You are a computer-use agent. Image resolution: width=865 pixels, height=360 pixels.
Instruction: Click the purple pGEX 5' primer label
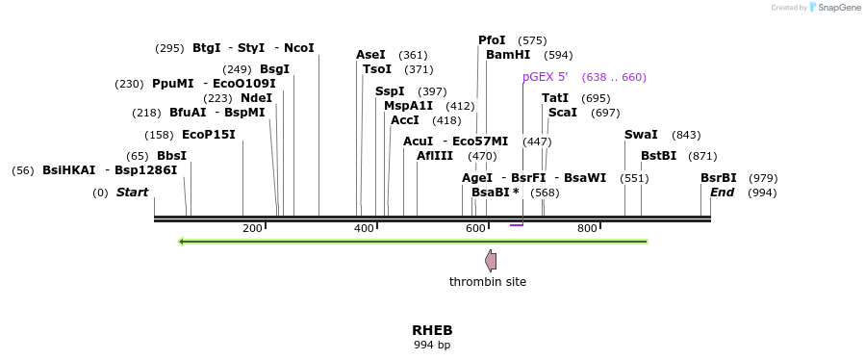click(545, 77)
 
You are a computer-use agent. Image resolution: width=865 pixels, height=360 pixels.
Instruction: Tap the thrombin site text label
click(488, 282)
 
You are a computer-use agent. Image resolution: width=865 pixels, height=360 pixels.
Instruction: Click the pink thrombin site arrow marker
click(491, 260)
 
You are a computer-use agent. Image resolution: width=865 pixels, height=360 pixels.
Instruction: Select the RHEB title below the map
click(432, 330)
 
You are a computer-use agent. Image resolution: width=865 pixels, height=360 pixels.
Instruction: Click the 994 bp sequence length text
click(432, 345)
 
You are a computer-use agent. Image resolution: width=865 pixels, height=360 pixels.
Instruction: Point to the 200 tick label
click(252, 228)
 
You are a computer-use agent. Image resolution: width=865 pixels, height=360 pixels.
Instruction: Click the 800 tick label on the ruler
click(587, 228)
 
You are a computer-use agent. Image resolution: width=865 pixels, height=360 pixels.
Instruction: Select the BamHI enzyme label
click(508, 55)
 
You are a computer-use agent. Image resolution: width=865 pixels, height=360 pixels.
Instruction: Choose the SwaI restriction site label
click(641, 135)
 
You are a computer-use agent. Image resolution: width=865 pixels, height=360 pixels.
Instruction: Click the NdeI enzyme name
click(256, 98)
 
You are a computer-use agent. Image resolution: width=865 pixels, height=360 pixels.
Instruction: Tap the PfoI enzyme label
click(492, 40)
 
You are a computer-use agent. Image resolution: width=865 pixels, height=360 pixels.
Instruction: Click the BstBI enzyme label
click(658, 156)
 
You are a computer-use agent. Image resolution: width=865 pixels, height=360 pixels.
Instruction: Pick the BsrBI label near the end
click(718, 178)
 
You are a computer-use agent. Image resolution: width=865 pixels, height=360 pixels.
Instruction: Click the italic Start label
click(133, 193)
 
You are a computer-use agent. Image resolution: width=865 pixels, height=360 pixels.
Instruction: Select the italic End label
click(722, 193)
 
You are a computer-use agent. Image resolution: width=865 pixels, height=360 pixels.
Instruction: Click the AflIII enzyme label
click(435, 156)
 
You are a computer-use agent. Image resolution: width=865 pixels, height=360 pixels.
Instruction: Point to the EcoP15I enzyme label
click(208, 135)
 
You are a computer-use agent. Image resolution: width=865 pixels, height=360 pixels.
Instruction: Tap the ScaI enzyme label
click(563, 113)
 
